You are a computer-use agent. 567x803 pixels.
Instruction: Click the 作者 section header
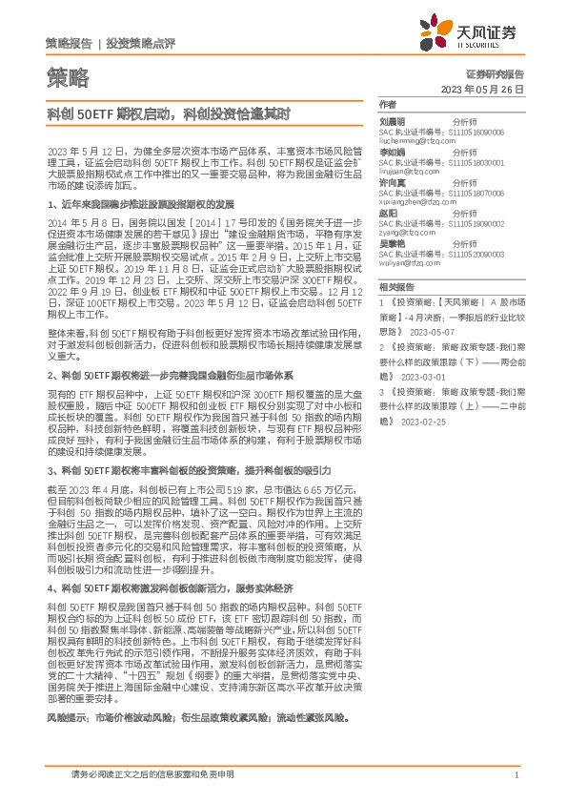tap(387, 103)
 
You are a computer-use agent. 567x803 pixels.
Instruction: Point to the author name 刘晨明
tap(393, 122)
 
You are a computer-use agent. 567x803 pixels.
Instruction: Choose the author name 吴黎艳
tap(393, 243)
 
